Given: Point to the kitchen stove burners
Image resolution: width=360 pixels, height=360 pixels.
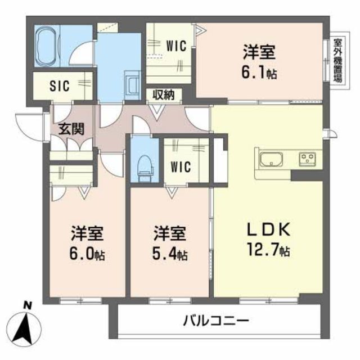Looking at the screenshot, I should [309, 157].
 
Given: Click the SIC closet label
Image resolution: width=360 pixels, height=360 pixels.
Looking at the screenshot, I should [59, 86].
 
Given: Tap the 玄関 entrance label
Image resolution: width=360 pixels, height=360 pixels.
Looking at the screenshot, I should [71, 128].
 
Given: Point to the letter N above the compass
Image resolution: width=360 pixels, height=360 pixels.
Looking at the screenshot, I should [26, 305].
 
